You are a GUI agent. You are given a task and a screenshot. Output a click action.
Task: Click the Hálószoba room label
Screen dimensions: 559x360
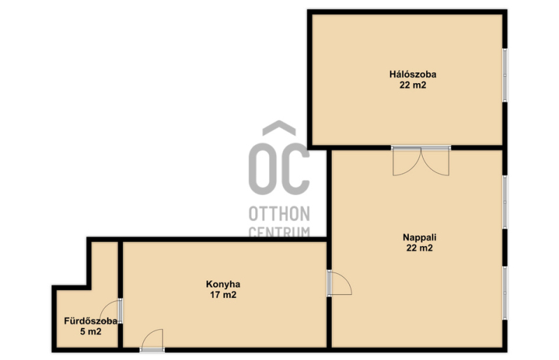point(412,74)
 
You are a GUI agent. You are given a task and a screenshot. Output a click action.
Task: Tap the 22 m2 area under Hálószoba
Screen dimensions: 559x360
point(412,85)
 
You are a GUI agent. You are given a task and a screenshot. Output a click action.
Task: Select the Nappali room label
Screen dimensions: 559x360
point(419,237)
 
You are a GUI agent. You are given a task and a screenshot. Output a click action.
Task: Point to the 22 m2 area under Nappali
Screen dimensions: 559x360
point(419,248)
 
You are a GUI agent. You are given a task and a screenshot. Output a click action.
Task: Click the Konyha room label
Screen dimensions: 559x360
point(223,285)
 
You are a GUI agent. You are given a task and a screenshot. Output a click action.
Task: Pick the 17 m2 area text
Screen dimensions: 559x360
point(223,295)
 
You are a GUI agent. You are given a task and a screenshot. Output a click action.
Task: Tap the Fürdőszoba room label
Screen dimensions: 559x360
point(91,321)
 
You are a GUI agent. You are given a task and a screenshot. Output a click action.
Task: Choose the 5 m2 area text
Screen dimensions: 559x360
point(91,332)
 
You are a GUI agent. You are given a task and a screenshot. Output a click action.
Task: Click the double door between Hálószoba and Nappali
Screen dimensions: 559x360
point(421,161)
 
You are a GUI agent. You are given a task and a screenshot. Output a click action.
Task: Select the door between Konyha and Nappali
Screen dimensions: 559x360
point(340,283)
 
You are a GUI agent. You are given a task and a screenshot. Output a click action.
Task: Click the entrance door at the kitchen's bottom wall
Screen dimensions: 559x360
point(152,340)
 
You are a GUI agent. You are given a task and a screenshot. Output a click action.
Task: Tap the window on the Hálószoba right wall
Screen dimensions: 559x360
point(504,75)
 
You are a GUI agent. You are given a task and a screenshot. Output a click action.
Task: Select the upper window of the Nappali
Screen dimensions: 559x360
point(504,202)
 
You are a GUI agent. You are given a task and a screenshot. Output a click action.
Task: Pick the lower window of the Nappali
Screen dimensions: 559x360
point(504,293)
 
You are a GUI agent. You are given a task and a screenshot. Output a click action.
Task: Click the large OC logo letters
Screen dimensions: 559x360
point(279,168)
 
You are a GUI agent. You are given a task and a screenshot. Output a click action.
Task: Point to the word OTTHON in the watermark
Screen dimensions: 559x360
point(279,214)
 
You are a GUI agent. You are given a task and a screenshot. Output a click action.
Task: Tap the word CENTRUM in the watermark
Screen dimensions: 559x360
point(279,231)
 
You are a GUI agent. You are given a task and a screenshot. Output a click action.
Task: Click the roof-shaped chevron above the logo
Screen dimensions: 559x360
point(279,128)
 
